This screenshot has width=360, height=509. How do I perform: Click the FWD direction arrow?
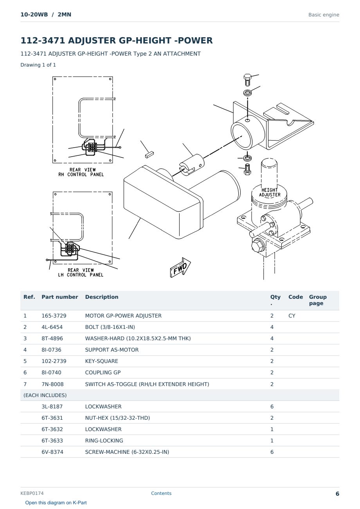click(180, 267)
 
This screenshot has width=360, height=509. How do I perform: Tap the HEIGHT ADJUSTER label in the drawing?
click(270, 192)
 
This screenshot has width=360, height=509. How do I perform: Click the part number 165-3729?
click(54, 316)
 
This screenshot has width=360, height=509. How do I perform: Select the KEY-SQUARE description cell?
click(101, 361)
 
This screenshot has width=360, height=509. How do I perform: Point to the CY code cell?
click(292, 316)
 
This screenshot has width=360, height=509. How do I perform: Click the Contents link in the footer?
click(161, 493)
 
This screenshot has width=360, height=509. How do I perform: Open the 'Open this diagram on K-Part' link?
click(56, 502)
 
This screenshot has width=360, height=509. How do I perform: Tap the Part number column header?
click(60, 297)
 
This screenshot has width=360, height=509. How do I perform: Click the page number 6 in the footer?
click(337, 494)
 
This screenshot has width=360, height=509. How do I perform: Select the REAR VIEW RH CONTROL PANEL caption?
click(81, 172)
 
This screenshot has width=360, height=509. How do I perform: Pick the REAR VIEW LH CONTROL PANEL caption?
click(81, 272)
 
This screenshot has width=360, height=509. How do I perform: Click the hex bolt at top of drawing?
click(247, 80)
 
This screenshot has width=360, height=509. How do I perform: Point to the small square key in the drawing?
click(149, 155)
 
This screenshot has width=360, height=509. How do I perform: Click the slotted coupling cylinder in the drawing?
click(191, 164)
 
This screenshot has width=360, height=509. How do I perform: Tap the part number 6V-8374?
click(52, 452)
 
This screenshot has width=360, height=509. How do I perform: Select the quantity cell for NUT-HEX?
click(272, 418)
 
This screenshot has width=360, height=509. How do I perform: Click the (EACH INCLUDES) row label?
click(45, 395)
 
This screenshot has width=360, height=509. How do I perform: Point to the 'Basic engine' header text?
click(324, 15)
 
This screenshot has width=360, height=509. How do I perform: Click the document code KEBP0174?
click(32, 493)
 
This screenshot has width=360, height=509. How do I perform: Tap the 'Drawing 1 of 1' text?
click(38, 65)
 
